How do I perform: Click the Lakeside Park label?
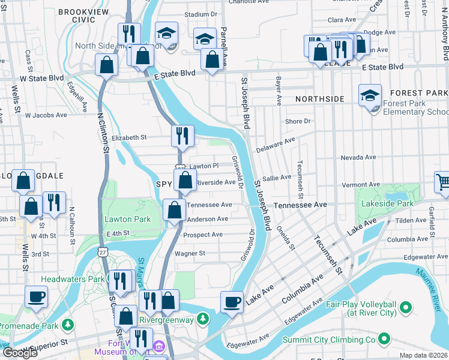click(388, 204)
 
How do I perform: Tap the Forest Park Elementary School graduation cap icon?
click(370, 95)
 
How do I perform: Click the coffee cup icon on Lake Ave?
click(232, 302)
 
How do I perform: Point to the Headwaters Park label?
click(73, 279)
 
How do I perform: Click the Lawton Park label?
click(127, 219)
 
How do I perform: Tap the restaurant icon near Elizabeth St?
click(182, 136)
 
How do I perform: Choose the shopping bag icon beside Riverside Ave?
click(185, 180)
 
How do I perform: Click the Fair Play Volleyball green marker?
click(405, 308)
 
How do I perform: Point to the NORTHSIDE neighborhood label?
click(320, 98)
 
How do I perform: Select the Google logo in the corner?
click(20, 353)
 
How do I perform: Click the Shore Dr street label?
click(298, 121)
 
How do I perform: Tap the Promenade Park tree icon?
click(68, 325)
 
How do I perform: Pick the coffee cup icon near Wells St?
click(36, 296)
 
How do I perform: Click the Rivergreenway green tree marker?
click(203, 317)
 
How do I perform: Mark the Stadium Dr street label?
click(200, 14)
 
